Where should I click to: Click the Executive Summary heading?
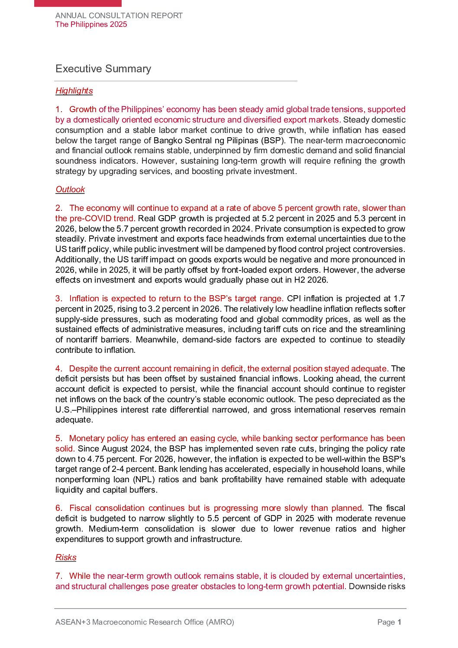pos(103,69)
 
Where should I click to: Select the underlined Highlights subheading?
pos(74,91)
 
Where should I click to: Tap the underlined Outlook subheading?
pos(70,190)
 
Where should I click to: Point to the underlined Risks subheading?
pos(66,558)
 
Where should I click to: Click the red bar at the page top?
pos(78,3)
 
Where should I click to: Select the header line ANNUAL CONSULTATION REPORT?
pos(119,16)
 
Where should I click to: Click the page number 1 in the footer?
pos(400,622)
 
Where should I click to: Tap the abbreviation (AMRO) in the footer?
pos(220,622)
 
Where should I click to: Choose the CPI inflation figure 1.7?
pos(399,299)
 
